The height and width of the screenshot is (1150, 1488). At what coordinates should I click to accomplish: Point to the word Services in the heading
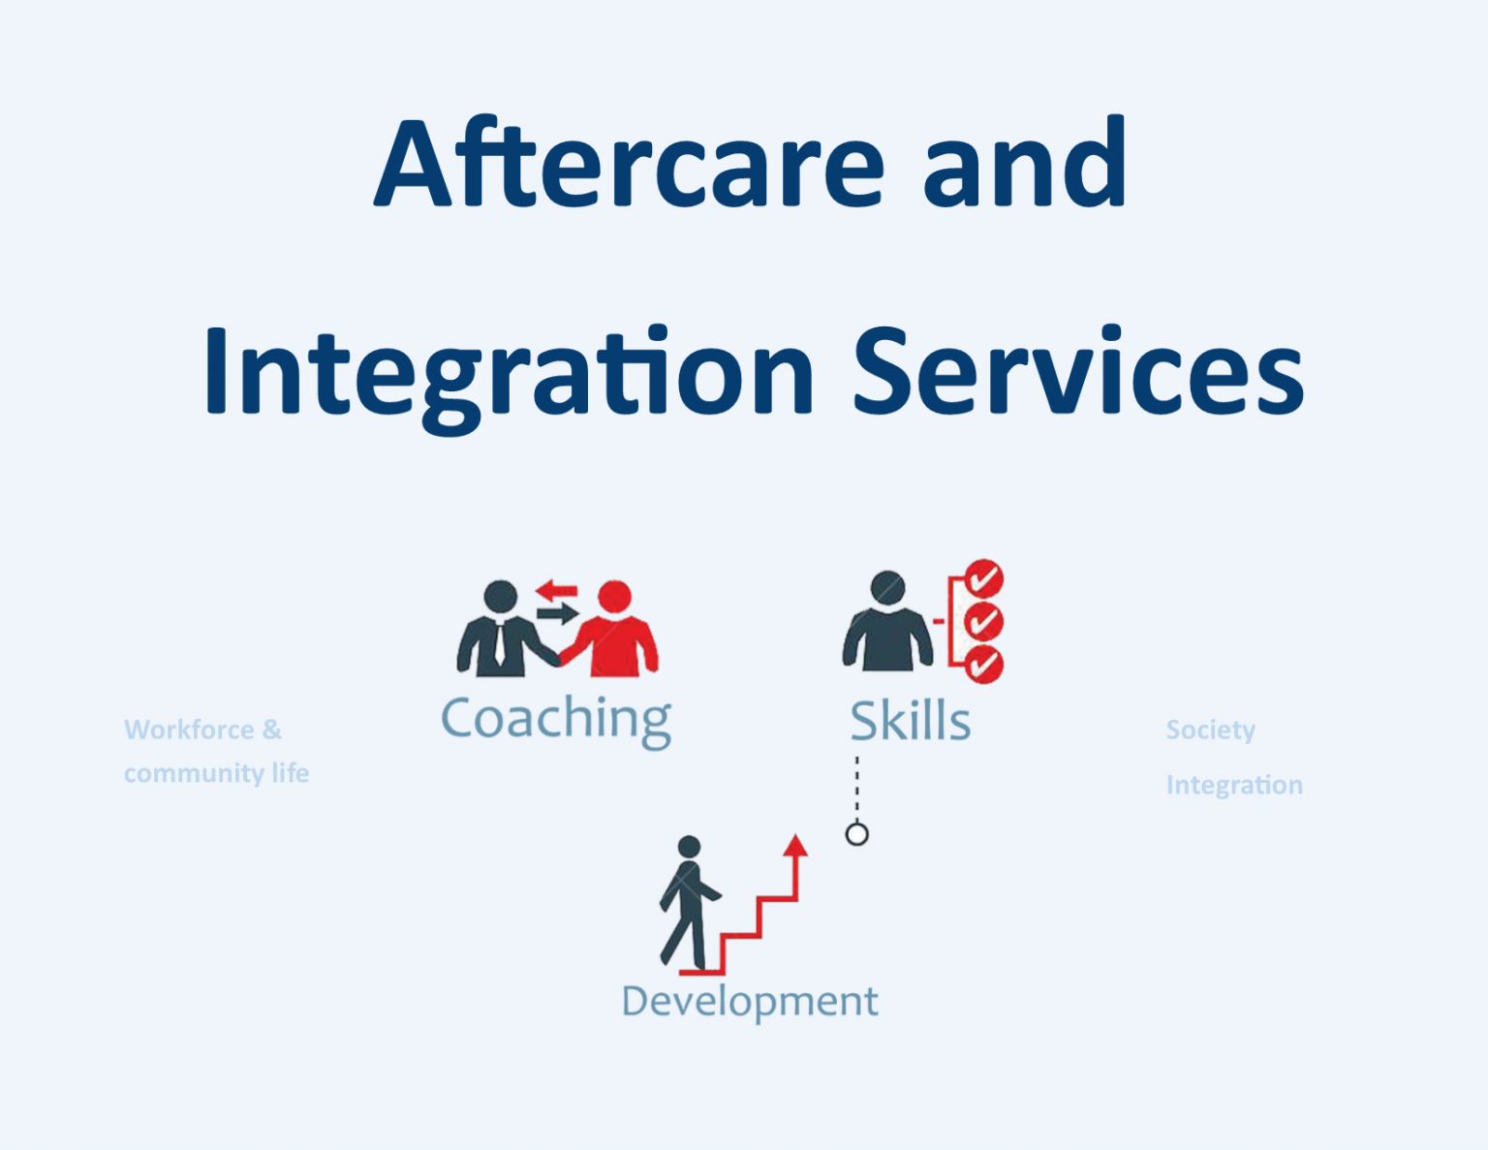click(1077, 373)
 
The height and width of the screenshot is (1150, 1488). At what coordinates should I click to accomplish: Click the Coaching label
click(556, 719)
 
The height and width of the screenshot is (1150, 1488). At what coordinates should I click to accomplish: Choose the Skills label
click(910, 722)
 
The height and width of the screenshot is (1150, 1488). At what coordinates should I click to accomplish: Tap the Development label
click(750, 1001)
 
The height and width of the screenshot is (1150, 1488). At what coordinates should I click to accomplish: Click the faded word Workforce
click(189, 730)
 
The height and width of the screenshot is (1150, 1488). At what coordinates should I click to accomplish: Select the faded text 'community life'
click(216, 773)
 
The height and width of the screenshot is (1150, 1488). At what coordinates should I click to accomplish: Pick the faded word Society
click(1210, 730)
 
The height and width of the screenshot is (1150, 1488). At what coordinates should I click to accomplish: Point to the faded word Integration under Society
click(1233, 785)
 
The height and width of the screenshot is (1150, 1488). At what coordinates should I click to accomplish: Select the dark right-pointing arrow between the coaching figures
click(557, 612)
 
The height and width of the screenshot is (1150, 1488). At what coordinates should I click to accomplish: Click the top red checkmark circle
click(984, 579)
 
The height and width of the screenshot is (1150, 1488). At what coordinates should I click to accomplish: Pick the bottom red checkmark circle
click(984, 665)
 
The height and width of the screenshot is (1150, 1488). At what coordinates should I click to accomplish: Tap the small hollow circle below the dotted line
click(856, 834)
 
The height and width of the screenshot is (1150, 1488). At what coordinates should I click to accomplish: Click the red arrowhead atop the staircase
click(795, 845)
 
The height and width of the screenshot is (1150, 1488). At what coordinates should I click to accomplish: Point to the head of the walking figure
click(689, 847)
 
